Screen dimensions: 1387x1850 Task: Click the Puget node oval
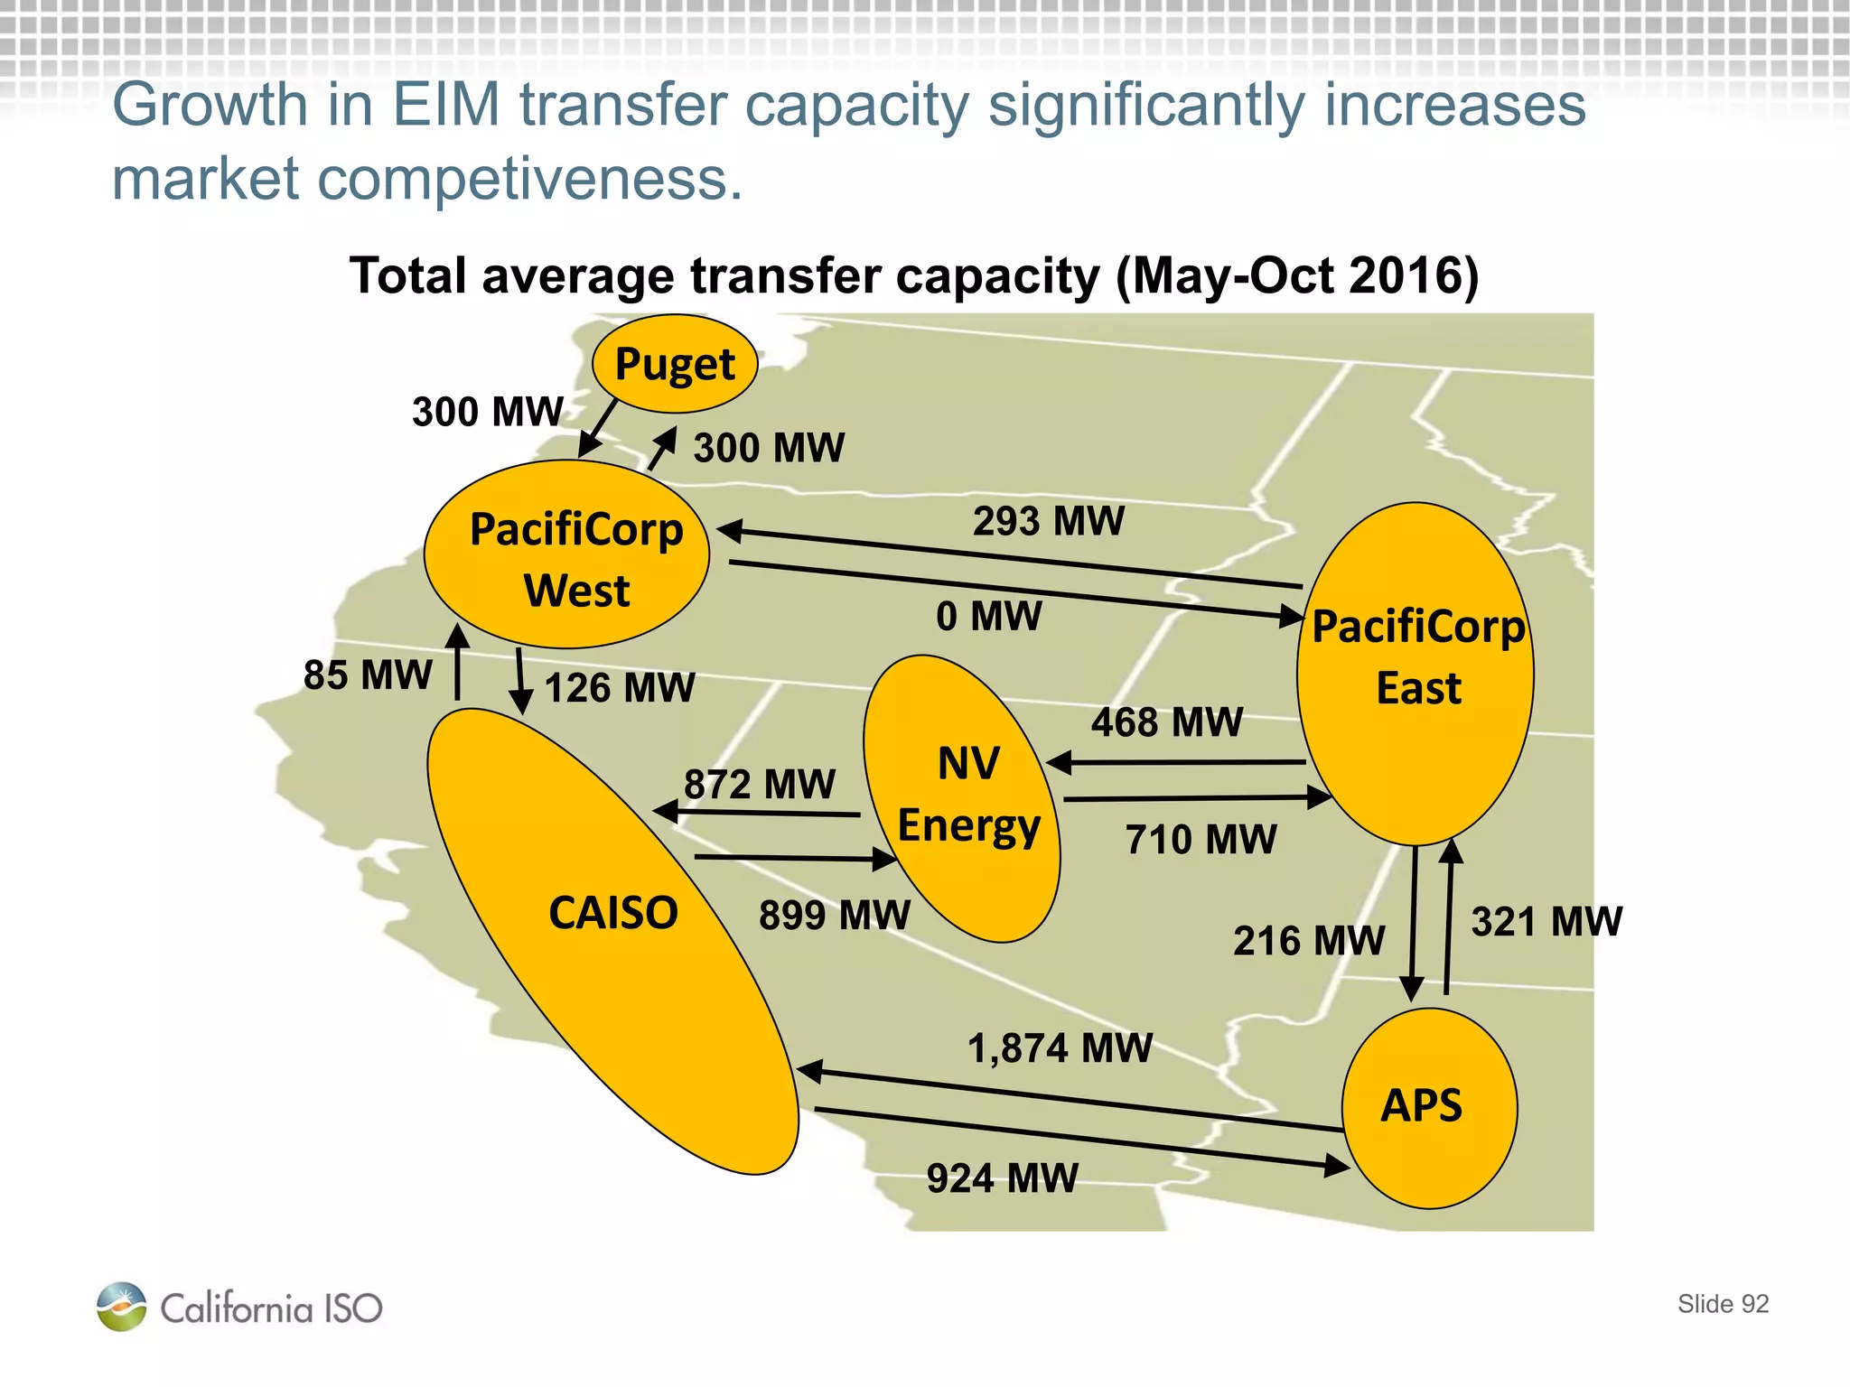pos(675,364)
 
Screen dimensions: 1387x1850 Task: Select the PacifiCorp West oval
pos(567,554)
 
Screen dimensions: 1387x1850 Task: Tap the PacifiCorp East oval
pos(1416,673)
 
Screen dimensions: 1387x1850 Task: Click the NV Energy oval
pos(962,798)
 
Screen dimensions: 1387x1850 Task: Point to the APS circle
pos(1429,1108)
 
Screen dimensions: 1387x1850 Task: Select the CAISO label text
pos(613,913)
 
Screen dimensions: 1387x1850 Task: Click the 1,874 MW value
pos(1060,1048)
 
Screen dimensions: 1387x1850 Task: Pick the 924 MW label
pos(1003,1178)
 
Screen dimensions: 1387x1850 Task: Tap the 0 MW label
pos(989,617)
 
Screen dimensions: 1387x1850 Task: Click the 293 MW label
pos(1049,521)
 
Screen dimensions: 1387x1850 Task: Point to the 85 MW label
pos(368,675)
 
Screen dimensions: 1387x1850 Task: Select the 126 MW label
pos(620,688)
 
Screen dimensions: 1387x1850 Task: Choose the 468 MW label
pos(1167,722)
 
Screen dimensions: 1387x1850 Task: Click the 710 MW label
pos(1201,840)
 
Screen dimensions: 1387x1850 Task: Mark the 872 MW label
pos(760,784)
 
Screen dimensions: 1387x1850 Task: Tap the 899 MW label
pos(835,915)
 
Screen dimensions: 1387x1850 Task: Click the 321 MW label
pos(1546,922)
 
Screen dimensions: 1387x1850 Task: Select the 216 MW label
pos(1309,941)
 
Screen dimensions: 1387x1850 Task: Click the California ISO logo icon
pos(122,1307)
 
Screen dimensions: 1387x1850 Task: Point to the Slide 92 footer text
pos(1723,1304)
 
